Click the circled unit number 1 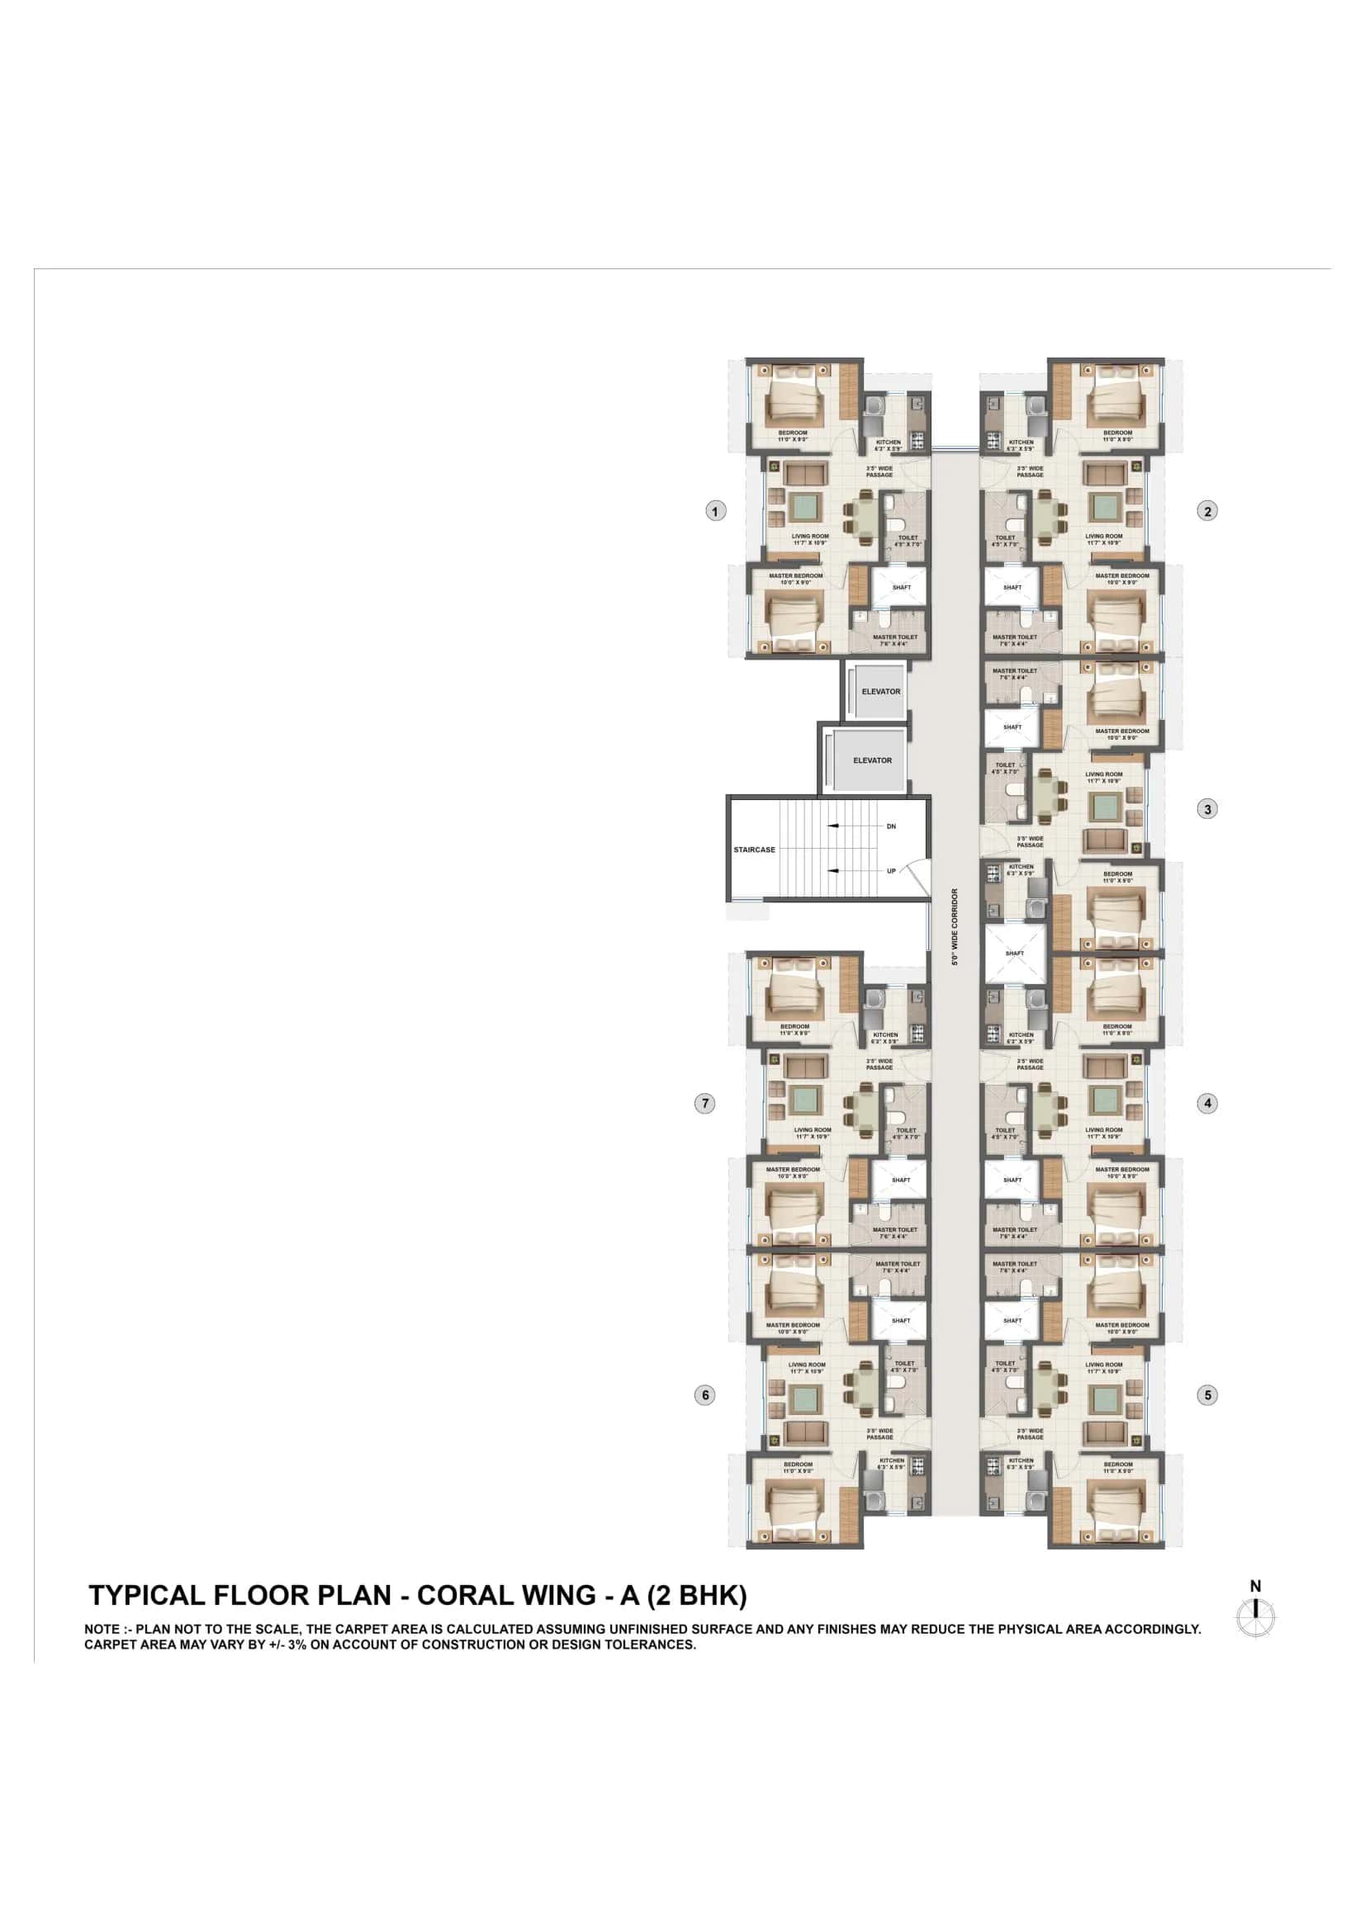click(715, 510)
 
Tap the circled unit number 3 click(1207, 809)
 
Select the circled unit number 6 click(704, 1395)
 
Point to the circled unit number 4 click(1207, 1103)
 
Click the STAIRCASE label click(755, 850)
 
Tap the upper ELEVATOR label click(880, 691)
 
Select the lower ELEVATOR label click(872, 760)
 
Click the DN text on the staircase click(892, 826)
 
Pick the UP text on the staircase click(892, 871)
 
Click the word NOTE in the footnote click(101, 1630)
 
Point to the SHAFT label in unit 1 click(902, 587)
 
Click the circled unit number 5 click(1207, 1395)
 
